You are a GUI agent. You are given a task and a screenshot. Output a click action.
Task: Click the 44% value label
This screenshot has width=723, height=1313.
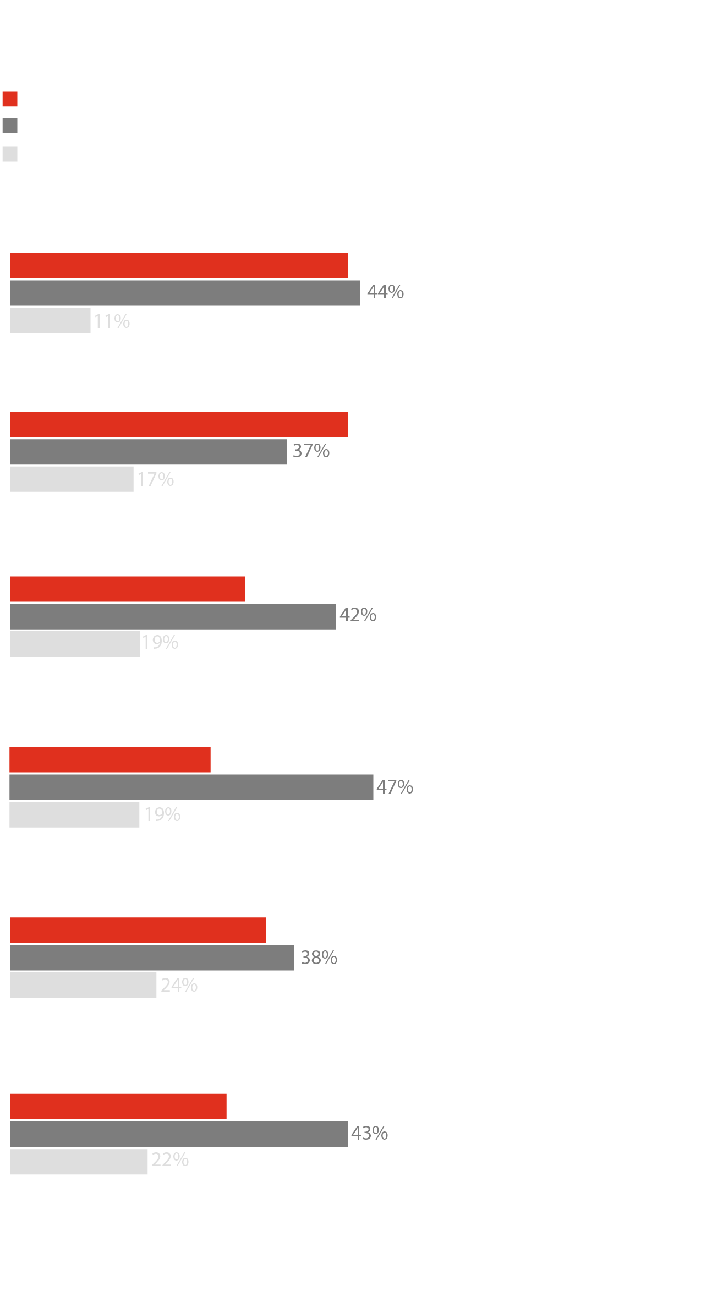coord(385,292)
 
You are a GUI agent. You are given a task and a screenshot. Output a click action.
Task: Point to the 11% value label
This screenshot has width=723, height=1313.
coord(112,321)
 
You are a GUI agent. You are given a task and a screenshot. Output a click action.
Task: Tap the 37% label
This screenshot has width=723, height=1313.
coord(311,451)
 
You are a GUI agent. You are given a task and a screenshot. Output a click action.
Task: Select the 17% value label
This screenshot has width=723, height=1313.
coord(156,480)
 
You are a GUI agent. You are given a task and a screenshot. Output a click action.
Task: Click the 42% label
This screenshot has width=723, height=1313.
coord(358,615)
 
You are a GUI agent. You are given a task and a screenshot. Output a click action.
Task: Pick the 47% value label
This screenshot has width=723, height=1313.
coord(395,787)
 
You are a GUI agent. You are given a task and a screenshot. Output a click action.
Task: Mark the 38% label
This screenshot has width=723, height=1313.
coord(319,958)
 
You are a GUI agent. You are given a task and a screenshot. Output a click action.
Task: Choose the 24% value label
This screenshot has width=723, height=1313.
coord(179,986)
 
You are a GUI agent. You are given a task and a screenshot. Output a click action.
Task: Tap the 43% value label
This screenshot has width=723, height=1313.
coord(369,1134)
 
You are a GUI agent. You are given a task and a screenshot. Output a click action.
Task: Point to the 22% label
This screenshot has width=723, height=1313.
coord(170,1160)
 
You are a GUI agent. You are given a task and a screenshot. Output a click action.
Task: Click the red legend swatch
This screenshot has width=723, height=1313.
coord(10,99)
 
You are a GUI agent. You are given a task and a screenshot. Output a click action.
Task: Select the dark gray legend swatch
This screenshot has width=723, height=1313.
coord(10,125)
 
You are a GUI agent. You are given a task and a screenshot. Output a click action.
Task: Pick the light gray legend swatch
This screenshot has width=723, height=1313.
coord(10,154)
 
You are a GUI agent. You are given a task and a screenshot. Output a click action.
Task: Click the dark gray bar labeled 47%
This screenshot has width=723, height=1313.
coord(191,787)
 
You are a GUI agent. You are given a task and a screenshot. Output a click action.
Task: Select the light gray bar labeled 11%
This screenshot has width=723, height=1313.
coord(50,321)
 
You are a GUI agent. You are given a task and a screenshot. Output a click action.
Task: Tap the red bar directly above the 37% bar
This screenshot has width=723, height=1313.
coord(179,425)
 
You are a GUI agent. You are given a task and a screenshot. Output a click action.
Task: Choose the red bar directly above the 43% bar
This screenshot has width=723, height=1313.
coord(118,1107)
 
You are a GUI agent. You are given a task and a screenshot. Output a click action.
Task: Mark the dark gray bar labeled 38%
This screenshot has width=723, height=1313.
coord(152,958)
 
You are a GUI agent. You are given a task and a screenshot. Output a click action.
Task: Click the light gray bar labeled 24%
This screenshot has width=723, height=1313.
coord(83,986)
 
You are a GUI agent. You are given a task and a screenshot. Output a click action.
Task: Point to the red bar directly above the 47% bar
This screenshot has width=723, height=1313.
coord(110,760)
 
